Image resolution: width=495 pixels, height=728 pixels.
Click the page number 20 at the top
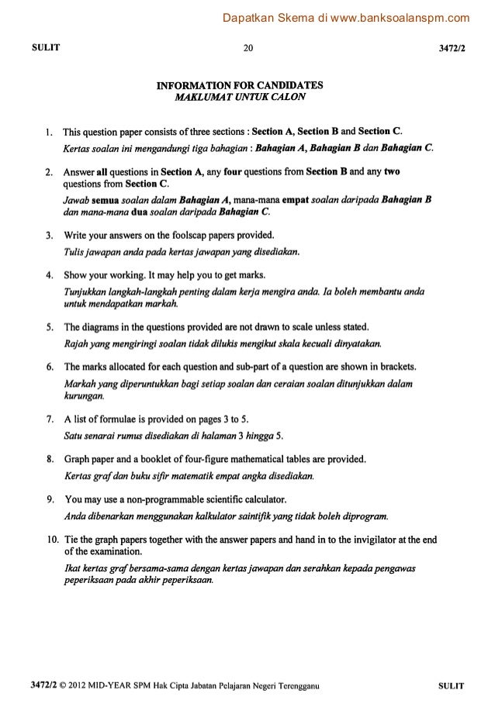[x=247, y=48]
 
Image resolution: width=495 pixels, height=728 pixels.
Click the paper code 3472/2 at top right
[x=452, y=48]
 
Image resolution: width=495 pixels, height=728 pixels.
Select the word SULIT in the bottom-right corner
[x=451, y=685]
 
